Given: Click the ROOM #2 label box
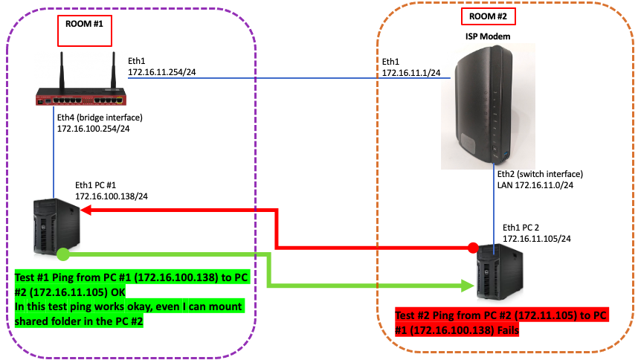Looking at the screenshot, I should click(488, 16).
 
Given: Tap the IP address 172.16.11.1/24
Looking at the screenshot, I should click(411, 73).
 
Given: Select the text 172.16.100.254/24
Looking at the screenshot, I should click(94, 129).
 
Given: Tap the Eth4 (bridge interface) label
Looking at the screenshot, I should click(99, 118).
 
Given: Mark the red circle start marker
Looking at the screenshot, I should click(472, 247).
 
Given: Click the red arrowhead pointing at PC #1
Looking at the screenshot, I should click(86, 212).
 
